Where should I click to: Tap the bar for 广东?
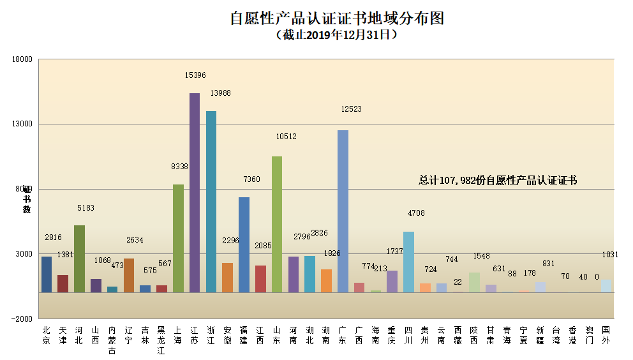[343, 211]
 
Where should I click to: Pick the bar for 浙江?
[211, 201]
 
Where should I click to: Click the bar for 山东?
[277, 223]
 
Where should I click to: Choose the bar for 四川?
[408, 262]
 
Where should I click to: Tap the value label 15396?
[195, 75]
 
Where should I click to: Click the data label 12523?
[351, 109]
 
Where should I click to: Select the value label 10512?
[286, 137]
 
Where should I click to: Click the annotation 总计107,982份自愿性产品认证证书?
[498, 181]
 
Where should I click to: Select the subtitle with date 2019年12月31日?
[336, 36]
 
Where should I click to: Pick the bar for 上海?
[178, 238]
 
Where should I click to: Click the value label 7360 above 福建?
[251, 180]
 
